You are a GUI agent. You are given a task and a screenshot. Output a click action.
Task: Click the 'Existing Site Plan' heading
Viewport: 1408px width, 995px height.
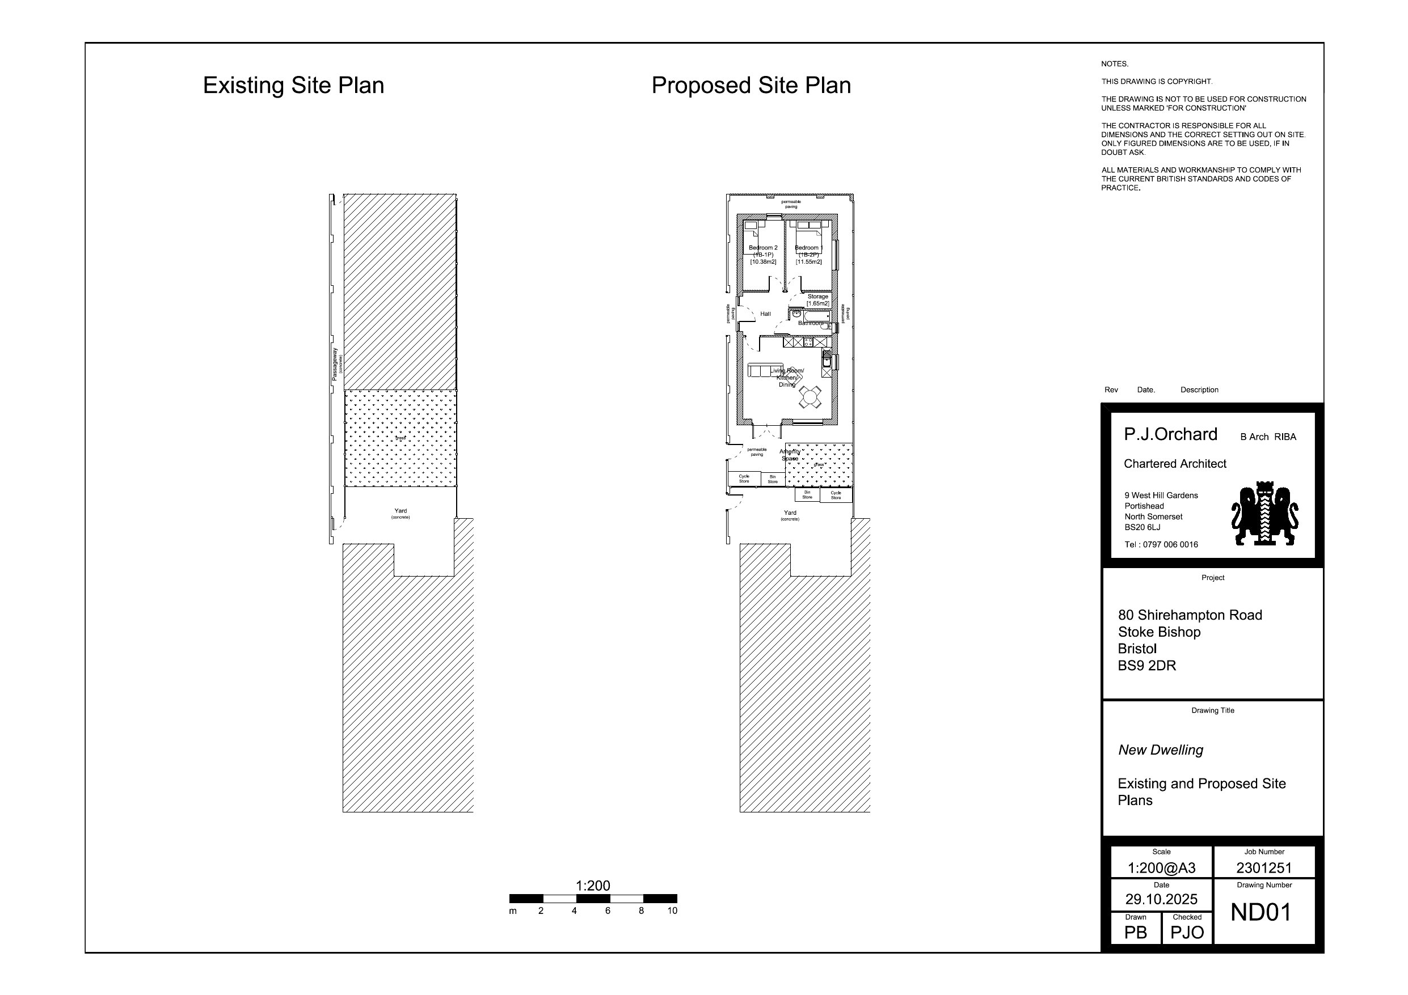click(x=293, y=85)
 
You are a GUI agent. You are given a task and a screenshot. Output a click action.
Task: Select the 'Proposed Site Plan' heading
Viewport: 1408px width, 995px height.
click(x=751, y=85)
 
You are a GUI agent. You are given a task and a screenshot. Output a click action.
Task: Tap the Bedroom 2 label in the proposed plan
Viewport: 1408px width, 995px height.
click(x=763, y=248)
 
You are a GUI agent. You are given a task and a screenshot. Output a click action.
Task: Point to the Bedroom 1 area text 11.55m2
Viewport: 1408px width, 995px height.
click(x=809, y=262)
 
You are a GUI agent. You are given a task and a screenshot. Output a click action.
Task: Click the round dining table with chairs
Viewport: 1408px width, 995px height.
click(x=810, y=397)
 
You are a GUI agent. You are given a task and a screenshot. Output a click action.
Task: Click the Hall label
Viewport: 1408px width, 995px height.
click(x=765, y=314)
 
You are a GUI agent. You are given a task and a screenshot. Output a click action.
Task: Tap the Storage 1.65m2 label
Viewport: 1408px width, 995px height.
click(x=817, y=300)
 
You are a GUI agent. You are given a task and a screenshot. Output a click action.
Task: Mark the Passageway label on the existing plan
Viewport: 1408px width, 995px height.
click(x=335, y=364)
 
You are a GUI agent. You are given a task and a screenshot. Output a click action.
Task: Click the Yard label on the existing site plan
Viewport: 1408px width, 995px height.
click(x=401, y=511)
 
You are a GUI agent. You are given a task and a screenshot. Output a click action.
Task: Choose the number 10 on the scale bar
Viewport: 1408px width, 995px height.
click(x=672, y=911)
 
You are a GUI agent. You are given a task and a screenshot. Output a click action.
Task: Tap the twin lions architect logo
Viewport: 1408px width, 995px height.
click(x=1264, y=514)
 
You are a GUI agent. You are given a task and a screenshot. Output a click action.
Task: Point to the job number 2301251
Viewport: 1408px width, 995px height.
click(x=1263, y=867)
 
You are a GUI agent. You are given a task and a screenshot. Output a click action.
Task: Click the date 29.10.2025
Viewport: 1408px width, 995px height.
click(x=1161, y=899)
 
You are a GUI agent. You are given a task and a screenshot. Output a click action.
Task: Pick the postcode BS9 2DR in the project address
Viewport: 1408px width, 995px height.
click(x=1146, y=666)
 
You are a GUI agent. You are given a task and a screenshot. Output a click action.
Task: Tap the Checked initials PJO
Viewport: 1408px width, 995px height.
click(x=1187, y=933)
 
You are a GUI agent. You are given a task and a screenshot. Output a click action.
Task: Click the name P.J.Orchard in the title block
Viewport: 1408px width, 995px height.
click(x=1170, y=434)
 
